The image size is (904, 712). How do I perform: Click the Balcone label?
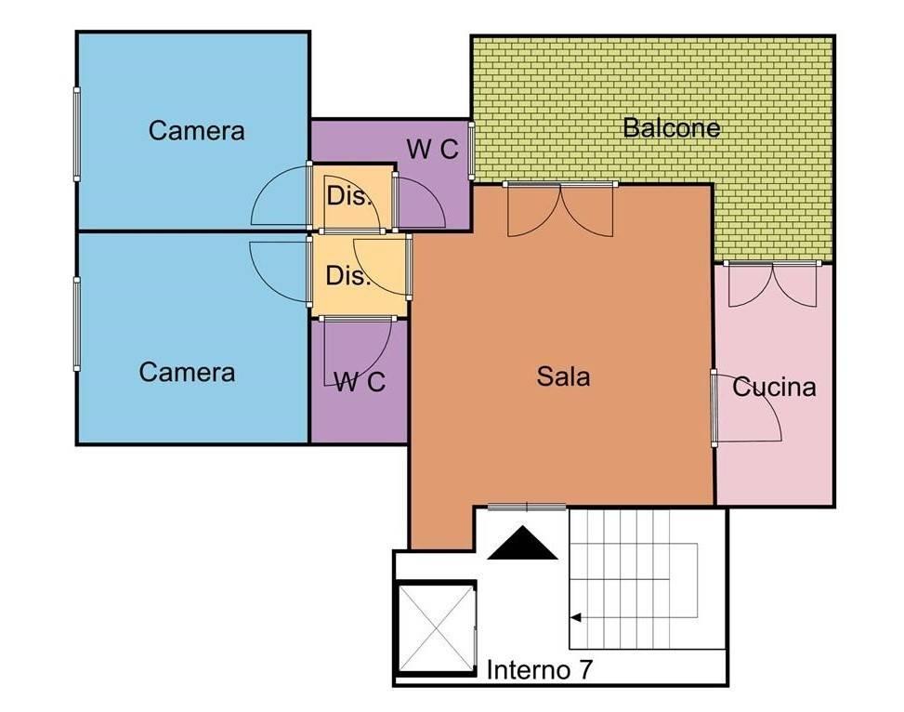pos(672,127)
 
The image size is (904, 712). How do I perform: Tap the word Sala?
pos(563,376)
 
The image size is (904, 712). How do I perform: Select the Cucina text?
pos(774,387)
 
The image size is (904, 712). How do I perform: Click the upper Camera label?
pos(197,130)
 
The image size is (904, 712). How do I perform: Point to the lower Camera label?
pos(187,372)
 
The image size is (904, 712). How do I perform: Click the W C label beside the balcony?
pos(432,150)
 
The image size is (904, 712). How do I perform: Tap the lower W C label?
pos(360,381)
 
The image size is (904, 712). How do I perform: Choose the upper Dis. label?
pos(347,196)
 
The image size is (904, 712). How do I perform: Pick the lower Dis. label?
pos(347,275)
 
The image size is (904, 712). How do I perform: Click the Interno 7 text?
pos(539,670)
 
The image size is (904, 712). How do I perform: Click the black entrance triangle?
pos(522,543)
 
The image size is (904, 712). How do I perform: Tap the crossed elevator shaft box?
pos(436,628)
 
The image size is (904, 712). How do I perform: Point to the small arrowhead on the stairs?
pos(575,618)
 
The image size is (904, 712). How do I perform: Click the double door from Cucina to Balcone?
pos(773,283)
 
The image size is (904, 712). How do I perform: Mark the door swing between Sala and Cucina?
pos(747,408)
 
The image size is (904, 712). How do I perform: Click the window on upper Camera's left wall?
pos(77,135)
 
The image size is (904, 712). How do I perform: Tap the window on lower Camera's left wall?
pos(77,323)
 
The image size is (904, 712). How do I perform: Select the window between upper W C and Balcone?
pos(471,152)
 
